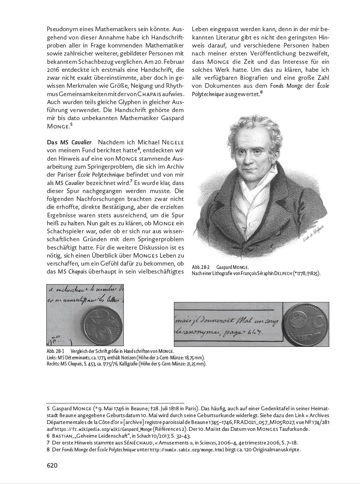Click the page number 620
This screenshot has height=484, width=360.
[52, 465]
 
